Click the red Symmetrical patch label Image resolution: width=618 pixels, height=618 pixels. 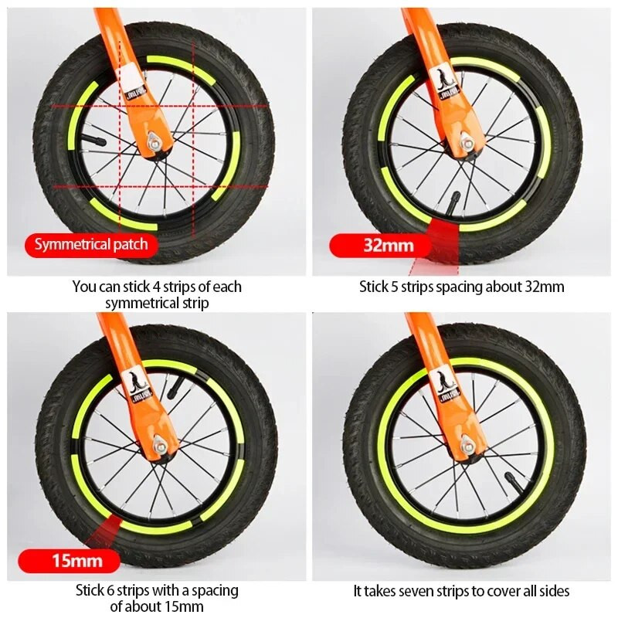point(91,245)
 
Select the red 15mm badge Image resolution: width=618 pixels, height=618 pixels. point(70,561)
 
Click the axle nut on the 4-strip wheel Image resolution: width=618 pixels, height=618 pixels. point(154,141)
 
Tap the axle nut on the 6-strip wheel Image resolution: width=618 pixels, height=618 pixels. point(160,444)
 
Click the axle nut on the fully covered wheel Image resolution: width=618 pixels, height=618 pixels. point(467,444)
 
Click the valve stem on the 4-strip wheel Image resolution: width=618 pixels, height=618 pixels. point(93,140)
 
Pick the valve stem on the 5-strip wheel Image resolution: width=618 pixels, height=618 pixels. point(453,202)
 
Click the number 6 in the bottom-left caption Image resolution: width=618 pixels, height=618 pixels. point(110,591)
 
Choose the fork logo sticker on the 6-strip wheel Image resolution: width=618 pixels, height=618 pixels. point(140,387)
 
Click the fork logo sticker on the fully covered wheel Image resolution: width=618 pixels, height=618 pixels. point(447,388)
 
